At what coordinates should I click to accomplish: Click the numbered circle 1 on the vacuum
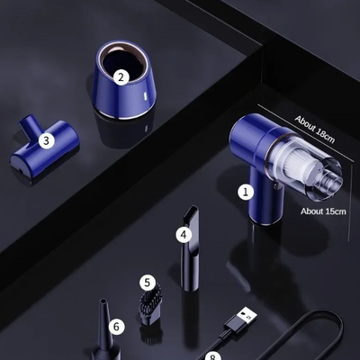[x=246, y=191]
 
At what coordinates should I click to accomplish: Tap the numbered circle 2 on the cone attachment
[x=120, y=76]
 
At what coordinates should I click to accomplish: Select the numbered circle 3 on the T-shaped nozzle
[x=47, y=139]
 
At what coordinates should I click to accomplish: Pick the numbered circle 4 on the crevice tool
[x=184, y=235]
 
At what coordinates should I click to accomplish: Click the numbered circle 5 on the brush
[x=148, y=282]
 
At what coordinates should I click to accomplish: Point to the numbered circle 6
[x=115, y=326]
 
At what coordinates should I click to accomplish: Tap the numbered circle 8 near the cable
[x=212, y=356]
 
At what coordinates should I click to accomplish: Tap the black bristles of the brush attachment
[x=148, y=300]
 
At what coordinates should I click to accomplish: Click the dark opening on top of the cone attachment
[x=119, y=65]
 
